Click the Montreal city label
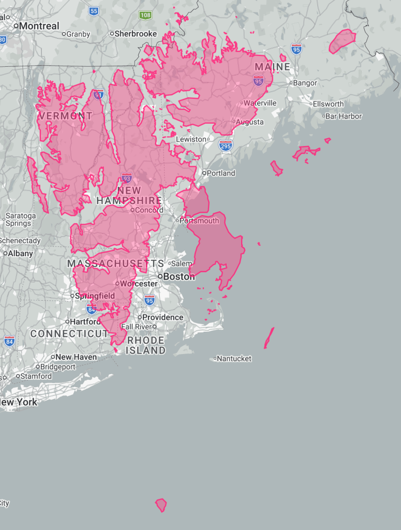pyautogui.click(x=39, y=26)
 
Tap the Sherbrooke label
pyautogui.click(x=136, y=34)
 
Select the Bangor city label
pyautogui.click(x=305, y=83)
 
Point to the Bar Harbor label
pyautogui.click(x=343, y=116)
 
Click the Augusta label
pyautogui.click(x=250, y=122)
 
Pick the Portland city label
pyautogui.click(x=221, y=173)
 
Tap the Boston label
pyautogui.click(x=179, y=277)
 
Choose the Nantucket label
pyautogui.click(x=234, y=359)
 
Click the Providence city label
pyautogui.click(x=162, y=317)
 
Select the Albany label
pyautogui.click(x=21, y=254)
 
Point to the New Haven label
pyautogui.click(x=76, y=357)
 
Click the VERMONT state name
pyautogui.click(x=65, y=116)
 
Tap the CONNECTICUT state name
pyautogui.click(x=69, y=334)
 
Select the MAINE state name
pyautogui.click(x=272, y=67)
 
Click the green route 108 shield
pyautogui.click(x=145, y=15)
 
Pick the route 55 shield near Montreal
pyautogui.click(x=93, y=11)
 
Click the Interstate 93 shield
pyautogui.click(x=127, y=179)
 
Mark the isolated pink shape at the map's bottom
pyautogui.click(x=161, y=505)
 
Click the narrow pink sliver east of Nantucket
pyautogui.click(x=269, y=337)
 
